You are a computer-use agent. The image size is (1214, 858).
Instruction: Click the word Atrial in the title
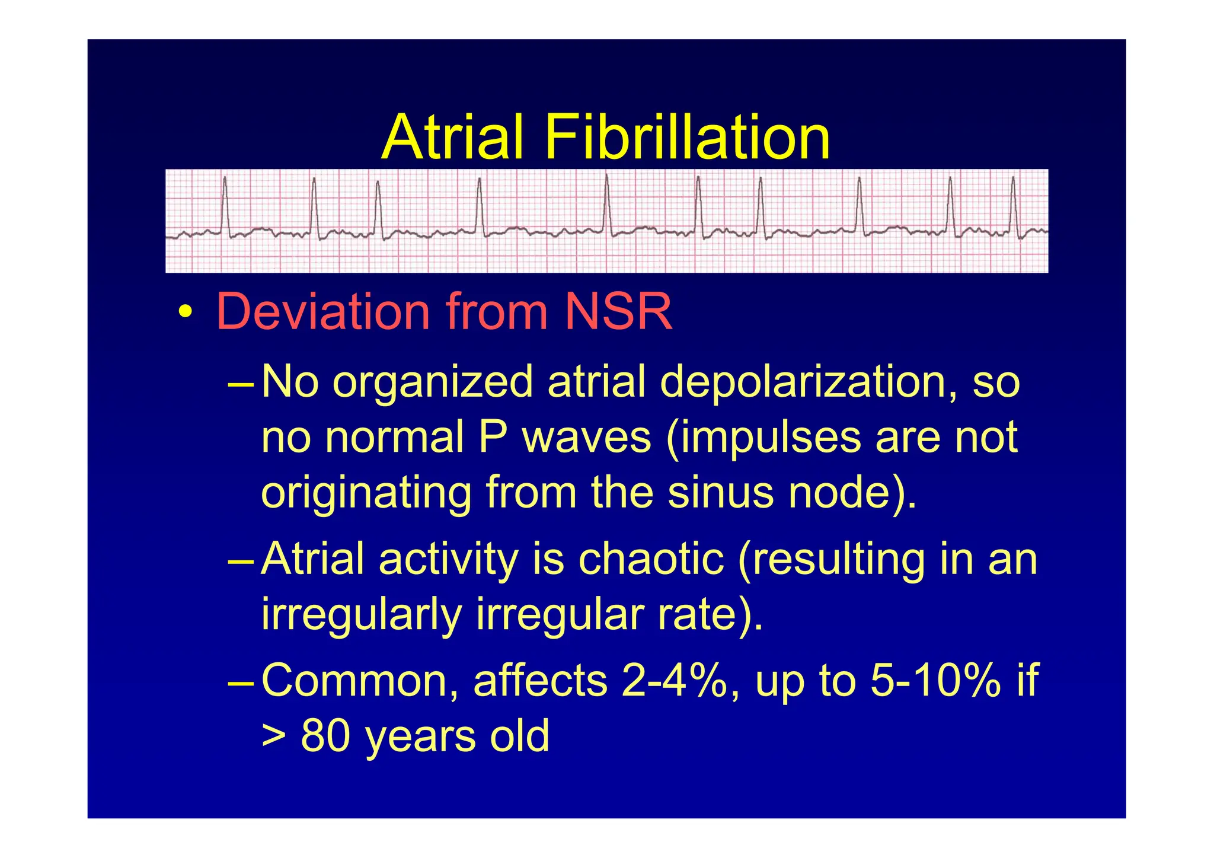click(453, 138)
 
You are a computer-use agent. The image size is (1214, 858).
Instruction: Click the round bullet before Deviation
click(185, 313)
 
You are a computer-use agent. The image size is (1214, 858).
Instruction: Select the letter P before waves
click(492, 438)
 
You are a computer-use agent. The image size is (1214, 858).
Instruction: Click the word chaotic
click(651, 559)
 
